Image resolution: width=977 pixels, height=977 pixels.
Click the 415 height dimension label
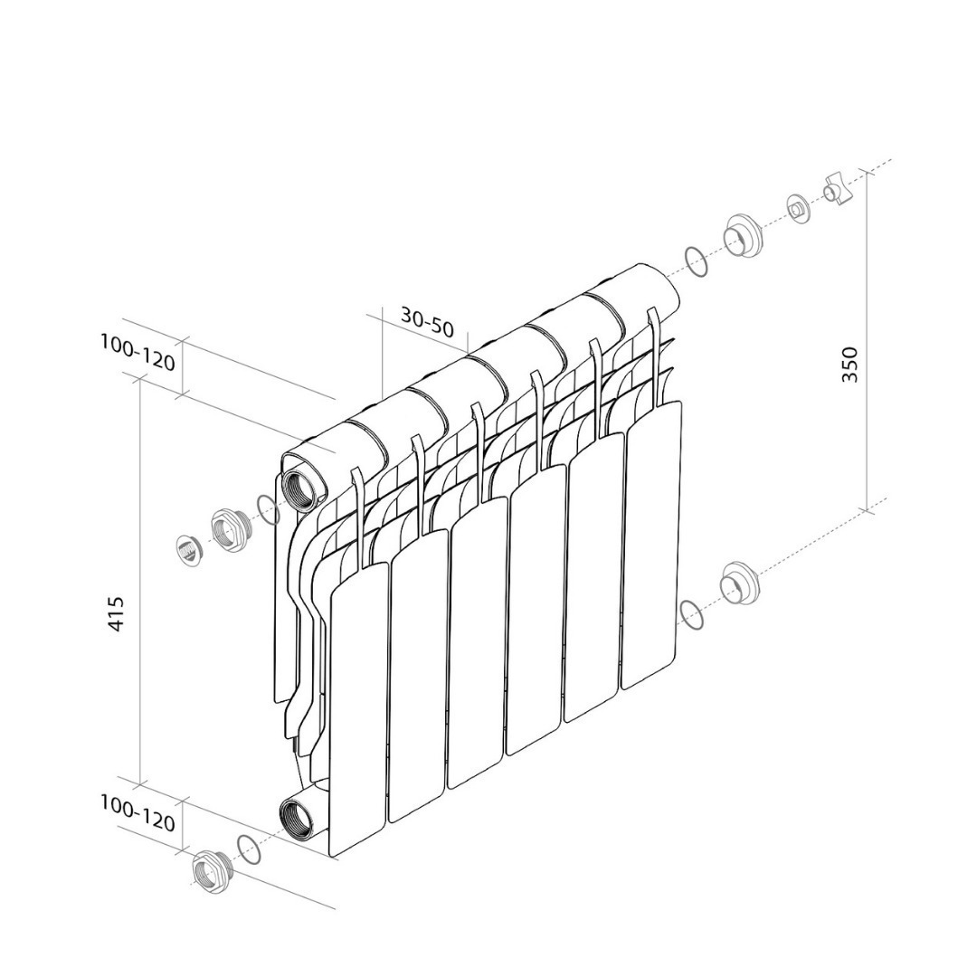coord(117,614)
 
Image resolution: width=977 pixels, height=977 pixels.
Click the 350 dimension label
coord(849,365)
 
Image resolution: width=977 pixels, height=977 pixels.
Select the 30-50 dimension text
coord(427,322)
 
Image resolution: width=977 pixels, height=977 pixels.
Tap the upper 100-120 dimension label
coord(138,353)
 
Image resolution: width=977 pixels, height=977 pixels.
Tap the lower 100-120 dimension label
coord(138,813)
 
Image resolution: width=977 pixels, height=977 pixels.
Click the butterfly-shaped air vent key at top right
coord(837,189)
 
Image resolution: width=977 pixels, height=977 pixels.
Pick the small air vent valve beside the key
coord(796,209)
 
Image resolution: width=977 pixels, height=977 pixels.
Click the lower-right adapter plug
coord(739,583)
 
